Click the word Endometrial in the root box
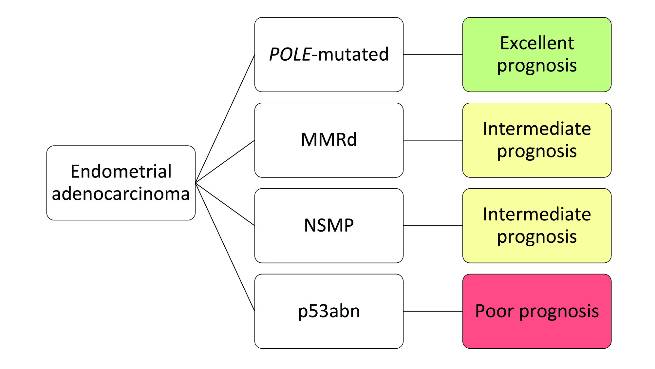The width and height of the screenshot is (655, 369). pyautogui.click(x=121, y=172)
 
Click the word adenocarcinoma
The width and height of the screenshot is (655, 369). pyautogui.click(x=121, y=194)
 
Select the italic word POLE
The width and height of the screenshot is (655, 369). pyautogui.click(x=290, y=54)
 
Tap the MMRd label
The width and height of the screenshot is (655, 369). pyautogui.click(x=329, y=140)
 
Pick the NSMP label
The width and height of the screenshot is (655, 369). pyautogui.click(x=329, y=226)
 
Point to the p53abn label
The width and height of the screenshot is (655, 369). pyautogui.click(x=329, y=311)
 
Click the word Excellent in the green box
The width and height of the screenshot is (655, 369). pyautogui.click(x=537, y=43)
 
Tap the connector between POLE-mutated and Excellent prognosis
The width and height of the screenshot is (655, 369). pyautogui.click(x=433, y=54)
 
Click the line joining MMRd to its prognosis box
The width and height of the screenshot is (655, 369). pyautogui.click(x=433, y=140)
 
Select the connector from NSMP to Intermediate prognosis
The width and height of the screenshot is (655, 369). pyautogui.click(x=433, y=226)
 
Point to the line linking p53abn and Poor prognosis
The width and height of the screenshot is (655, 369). pyautogui.click(x=433, y=311)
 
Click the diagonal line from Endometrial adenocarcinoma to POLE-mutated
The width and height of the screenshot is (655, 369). pyautogui.click(x=225, y=118)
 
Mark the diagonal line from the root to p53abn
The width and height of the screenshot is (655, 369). pyautogui.click(x=225, y=247)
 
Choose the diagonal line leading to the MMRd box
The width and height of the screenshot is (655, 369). pyautogui.click(x=225, y=161)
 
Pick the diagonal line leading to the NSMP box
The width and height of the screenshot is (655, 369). pyautogui.click(x=225, y=204)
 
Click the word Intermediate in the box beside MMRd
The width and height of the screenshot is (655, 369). pyautogui.click(x=537, y=129)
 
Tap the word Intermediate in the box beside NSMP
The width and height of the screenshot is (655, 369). pyautogui.click(x=537, y=215)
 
